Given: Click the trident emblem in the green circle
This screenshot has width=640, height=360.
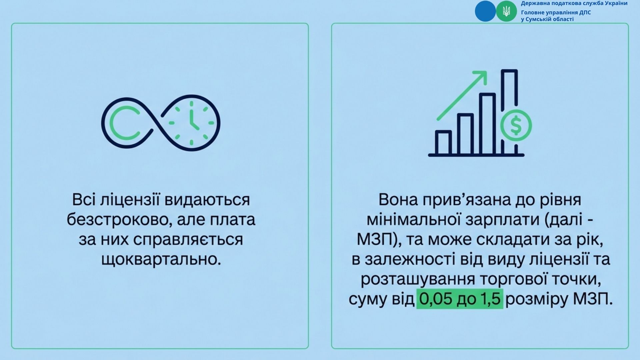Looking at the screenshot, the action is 506,11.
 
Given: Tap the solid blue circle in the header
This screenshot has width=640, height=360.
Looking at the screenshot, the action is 485,11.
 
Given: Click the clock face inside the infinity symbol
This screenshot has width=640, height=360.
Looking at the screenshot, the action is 191,123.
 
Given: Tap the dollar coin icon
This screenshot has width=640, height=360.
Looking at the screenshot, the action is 516,126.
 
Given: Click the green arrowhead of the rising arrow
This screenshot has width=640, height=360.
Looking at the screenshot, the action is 481,76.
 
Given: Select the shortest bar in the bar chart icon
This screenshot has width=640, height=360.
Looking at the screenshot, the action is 443,142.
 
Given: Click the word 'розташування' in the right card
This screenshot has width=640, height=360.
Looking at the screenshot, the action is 418,279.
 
